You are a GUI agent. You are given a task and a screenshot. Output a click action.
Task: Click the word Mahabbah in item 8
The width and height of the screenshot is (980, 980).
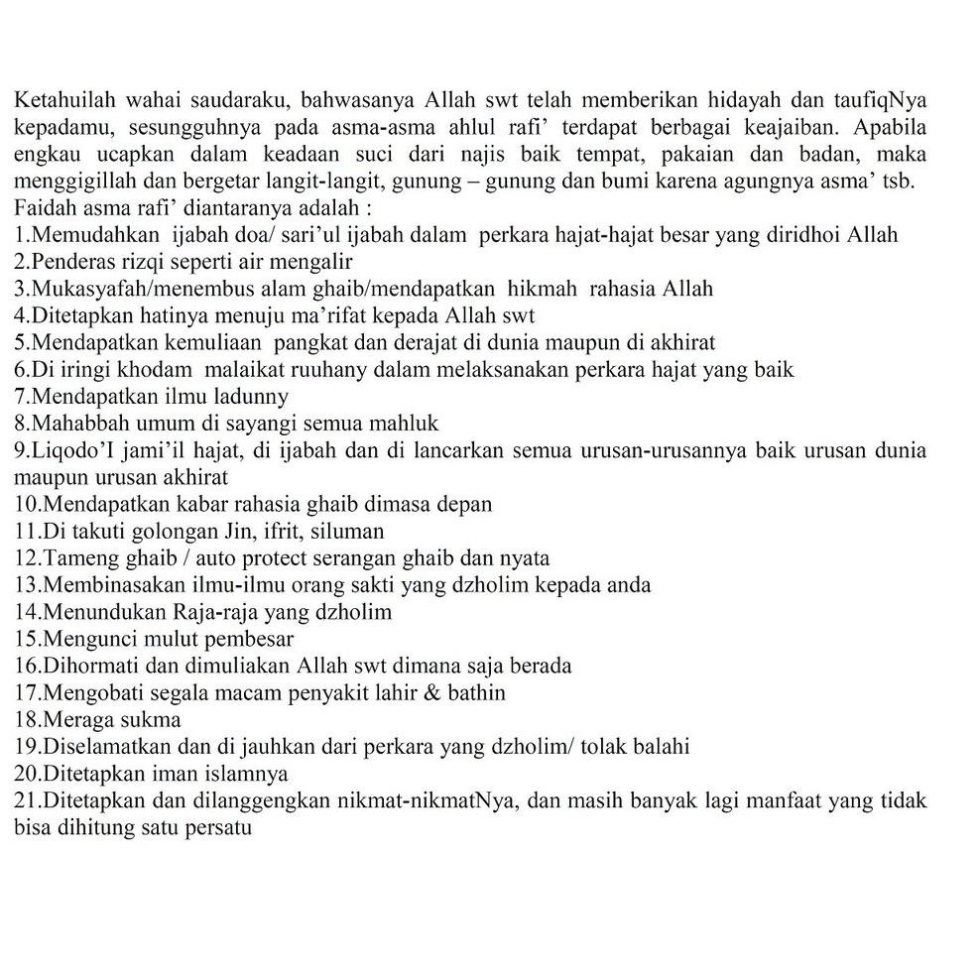[72, 424]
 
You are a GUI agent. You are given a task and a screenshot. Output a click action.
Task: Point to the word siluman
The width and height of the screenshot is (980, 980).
[346, 531]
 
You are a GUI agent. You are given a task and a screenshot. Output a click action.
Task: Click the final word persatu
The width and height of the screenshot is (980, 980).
[215, 826]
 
